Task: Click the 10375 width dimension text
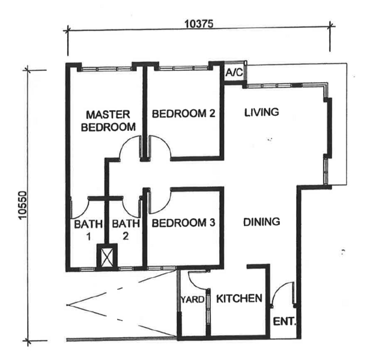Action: coord(199,23)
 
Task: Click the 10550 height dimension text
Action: coord(23,205)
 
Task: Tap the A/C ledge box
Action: coord(235,71)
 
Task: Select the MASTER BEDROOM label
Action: coord(108,121)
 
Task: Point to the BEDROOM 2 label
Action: coord(184,113)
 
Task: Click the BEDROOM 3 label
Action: coord(183,223)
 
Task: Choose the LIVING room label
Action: coord(262,112)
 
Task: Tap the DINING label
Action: coord(262,222)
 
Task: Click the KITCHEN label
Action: coord(239,299)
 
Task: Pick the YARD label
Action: coord(192,299)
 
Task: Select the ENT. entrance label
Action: coord(285,322)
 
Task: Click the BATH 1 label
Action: coord(88,230)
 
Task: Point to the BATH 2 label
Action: coord(126,230)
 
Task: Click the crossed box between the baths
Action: coord(107,257)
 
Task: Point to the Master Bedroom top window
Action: coord(106,69)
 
